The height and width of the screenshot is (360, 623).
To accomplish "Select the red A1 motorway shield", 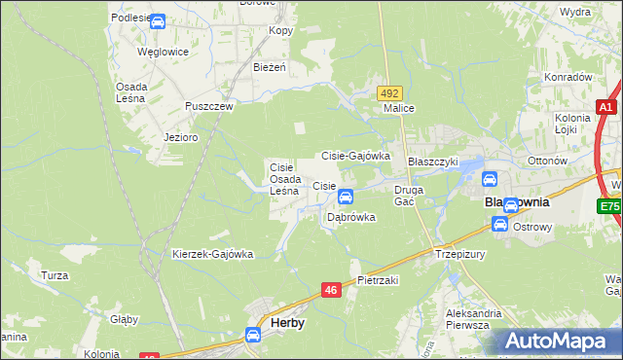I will pos(605,108).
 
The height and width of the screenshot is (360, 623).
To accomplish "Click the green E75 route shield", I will pos(609,206).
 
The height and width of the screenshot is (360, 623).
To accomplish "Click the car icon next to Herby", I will pos(253,335).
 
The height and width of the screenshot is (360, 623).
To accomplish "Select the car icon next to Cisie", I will pos(346,198).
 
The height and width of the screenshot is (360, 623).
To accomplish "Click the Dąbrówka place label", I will pos(350,218).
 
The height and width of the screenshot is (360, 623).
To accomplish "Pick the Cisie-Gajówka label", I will pos(355,156).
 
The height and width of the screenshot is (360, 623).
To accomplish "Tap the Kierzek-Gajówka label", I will pos(212,255).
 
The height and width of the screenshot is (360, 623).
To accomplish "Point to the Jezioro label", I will pos(181,137).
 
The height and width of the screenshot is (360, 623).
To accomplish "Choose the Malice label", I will pos(399,109).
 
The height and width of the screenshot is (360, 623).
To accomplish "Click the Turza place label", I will pos(55,275).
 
